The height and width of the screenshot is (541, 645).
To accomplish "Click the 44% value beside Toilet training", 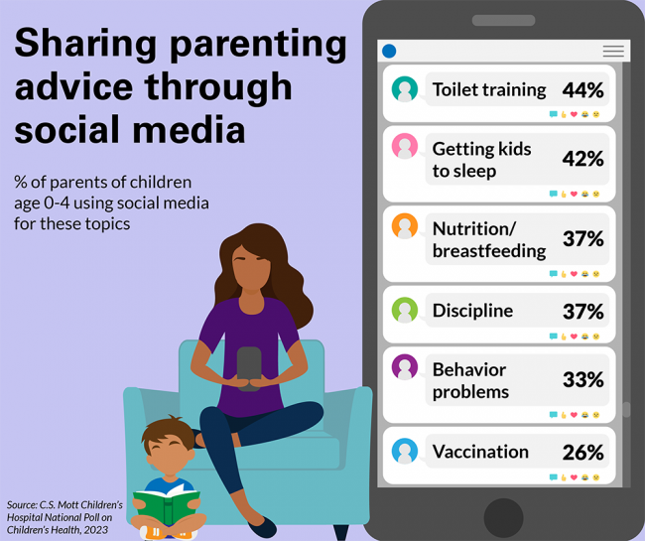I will [582, 90].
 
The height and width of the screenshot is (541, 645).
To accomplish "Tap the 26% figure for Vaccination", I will [582, 453].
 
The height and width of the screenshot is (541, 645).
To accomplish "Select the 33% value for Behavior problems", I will [582, 380].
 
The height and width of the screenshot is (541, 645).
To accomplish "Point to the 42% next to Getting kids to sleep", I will [582, 160].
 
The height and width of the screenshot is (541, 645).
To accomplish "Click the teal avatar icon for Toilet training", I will [404, 89].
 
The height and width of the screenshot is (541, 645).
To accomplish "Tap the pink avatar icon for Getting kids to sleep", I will [404, 147].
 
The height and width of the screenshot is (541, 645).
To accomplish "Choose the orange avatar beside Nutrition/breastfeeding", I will [404, 226].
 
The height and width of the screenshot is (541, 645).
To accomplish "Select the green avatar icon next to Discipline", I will [404, 310].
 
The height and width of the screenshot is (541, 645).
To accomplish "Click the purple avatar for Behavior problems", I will [404, 367].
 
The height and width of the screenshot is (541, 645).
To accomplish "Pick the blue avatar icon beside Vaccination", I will [404, 451].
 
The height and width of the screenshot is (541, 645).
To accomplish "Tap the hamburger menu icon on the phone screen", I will [613, 52].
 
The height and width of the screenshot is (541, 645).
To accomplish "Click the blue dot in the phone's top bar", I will [389, 52].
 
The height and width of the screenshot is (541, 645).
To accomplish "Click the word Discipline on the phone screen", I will [472, 311].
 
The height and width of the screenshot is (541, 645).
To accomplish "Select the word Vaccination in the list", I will [480, 452].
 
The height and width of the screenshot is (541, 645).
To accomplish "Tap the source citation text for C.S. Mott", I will [64, 517].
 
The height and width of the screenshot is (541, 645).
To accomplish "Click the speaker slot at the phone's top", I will [503, 20].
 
